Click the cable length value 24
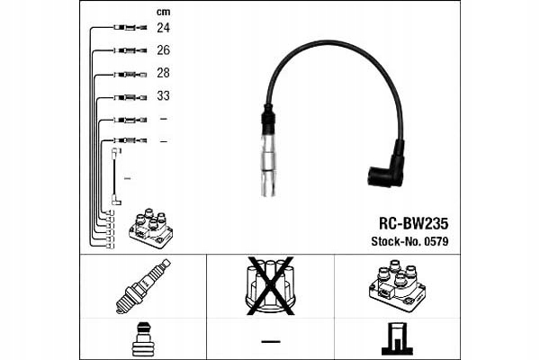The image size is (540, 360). click(x=163, y=29)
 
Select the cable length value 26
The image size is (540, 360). click(x=163, y=50)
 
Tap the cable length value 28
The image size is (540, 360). click(x=163, y=73)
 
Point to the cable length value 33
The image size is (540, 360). click(x=163, y=95)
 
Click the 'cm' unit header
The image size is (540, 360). click(x=163, y=12)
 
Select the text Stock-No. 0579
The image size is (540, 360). click(x=409, y=240)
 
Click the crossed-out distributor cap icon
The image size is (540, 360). click(x=269, y=286)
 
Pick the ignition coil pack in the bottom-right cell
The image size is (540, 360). click(x=396, y=286)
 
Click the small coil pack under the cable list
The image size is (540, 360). click(x=150, y=229)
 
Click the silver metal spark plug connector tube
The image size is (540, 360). click(x=269, y=166)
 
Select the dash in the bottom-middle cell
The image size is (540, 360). click(x=269, y=340)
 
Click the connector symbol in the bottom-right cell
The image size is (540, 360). click(x=396, y=339)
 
